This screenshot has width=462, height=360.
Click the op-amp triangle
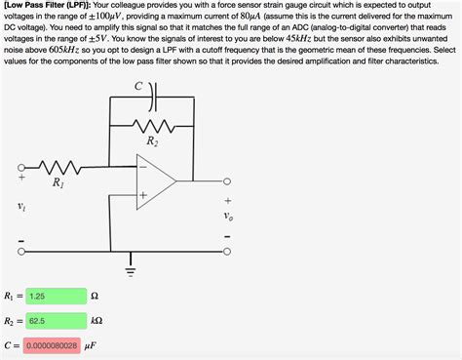pos(154,181)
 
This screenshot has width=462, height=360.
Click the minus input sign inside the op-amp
pos(142,168)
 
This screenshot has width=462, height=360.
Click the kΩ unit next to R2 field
pos(97,320)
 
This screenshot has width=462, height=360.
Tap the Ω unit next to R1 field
pos(95,296)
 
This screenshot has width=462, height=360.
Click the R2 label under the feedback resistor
pos(151,142)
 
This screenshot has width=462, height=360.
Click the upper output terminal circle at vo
pos(227,181)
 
